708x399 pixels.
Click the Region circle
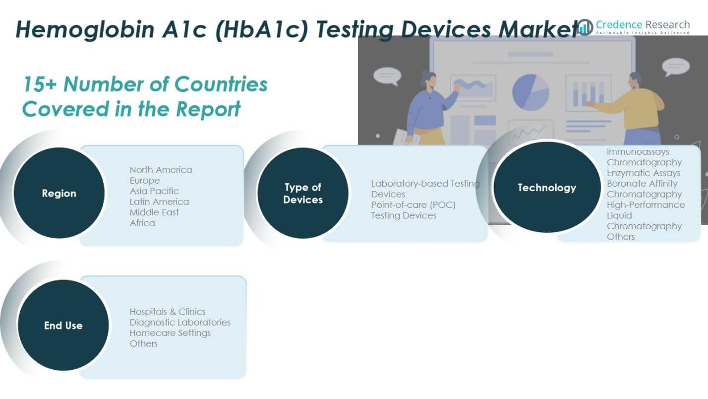click(59, 193)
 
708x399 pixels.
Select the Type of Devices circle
click(303, 194)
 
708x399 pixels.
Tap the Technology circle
click(547, 188)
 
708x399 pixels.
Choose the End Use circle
click(63, 326)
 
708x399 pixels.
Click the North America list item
click(161, 170)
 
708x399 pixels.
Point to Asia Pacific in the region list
click(154, 191)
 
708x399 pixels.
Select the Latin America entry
click(159, 201)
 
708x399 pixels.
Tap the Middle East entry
click(154, 212)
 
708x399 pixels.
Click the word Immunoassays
click(638, 152)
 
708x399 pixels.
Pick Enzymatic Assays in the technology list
click(644, 173)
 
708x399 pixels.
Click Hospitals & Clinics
click(168, 312)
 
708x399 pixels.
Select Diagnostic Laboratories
click(180, 322)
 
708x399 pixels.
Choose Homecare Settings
click(170, 333)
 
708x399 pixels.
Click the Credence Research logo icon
click(585, 27)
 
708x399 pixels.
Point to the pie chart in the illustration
click(531, 92)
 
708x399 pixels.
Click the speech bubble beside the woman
click(387, 76)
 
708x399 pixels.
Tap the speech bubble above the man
click(675, 66)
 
